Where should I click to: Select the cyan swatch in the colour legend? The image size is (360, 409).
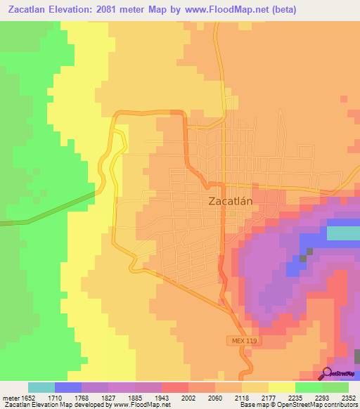[41, 387]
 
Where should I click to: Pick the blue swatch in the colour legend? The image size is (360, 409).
[68, 387]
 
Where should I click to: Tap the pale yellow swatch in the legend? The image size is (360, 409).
[281, 387]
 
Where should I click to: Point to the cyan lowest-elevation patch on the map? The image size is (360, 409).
[343, 233]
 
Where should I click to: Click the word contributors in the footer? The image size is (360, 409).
[341, 405]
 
